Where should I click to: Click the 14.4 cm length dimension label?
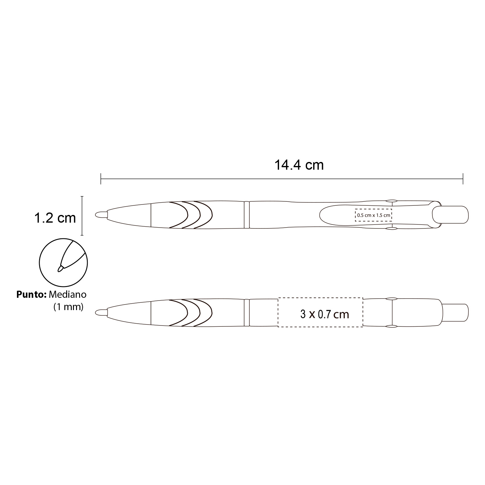pyautogui.click(x=299, y=165)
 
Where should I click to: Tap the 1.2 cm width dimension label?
pyautogui.click(x=55, y=218)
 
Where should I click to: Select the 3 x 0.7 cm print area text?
pyautogui.click(x=325, y=314)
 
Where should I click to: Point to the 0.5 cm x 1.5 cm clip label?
pyautogui.click(x=374, y=215)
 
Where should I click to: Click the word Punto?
pyautogui.click(x=31, y=295)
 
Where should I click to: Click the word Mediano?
pyautogui.click(x=67, y=295)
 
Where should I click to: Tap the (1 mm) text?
pyautogui.click(x=68, y=307)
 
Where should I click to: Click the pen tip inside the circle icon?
pyautogui.click(x=61, y=268)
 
